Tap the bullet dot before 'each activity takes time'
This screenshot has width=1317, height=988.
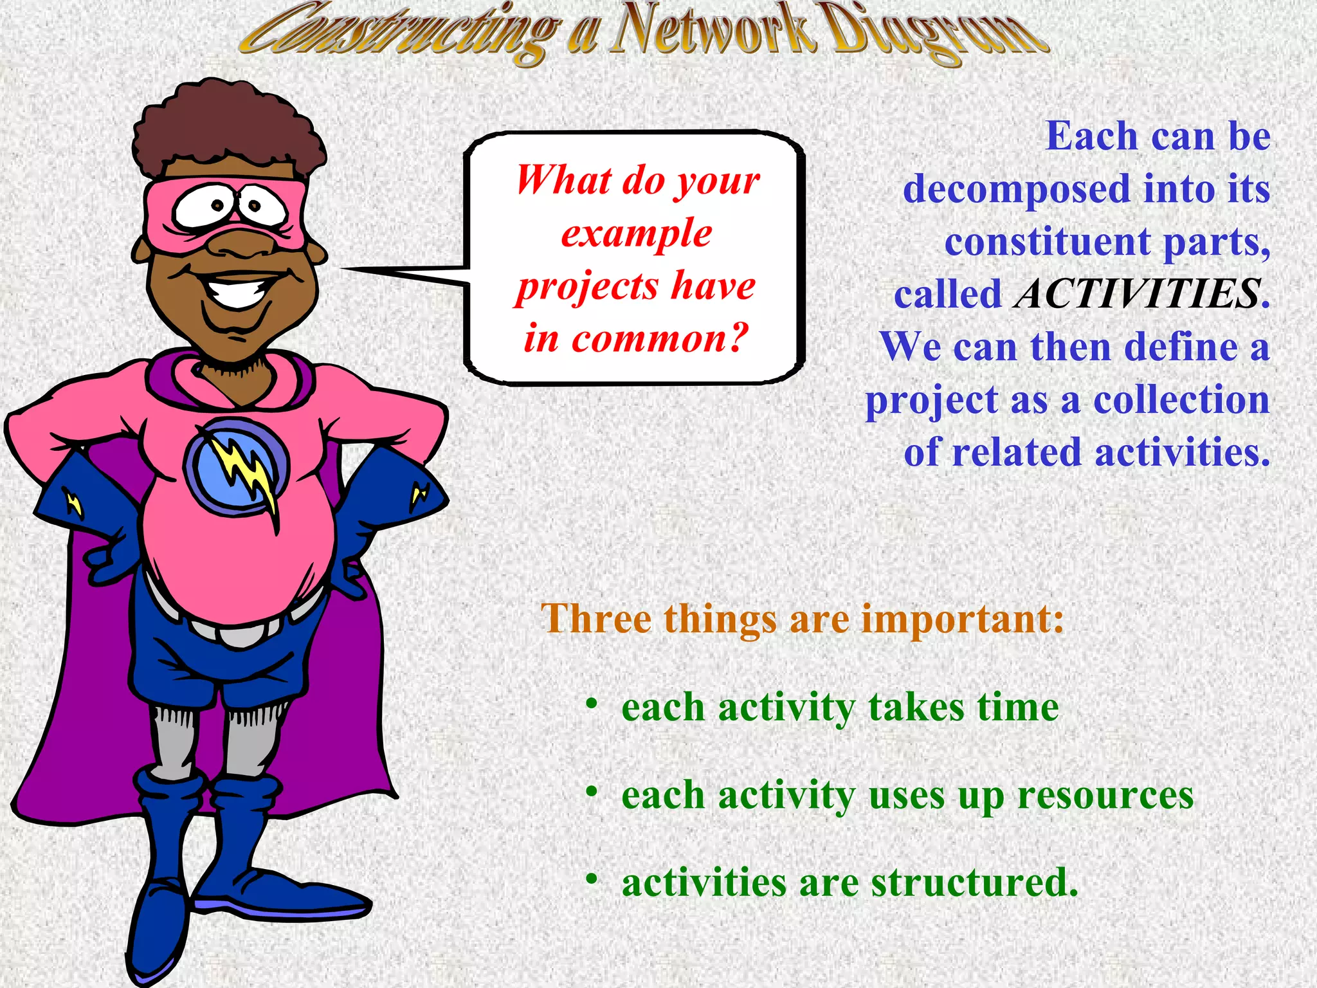coord(592,703)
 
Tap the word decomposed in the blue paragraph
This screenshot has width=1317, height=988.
coord(1016,189)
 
